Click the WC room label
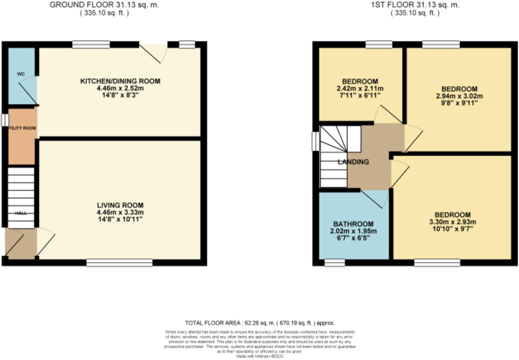[21, 74]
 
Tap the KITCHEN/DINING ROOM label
[120, 81]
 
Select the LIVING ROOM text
[120, 205]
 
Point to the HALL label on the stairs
[21, 213]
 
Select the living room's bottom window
[119, 263]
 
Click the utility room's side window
[4, 120]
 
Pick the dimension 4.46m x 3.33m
[120, 212]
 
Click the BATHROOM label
[353, 224]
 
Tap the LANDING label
[353, 162]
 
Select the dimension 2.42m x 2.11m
[360, 89]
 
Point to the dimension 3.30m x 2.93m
[453, 222]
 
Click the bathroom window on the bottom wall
[335, 263]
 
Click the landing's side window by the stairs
[315, 141]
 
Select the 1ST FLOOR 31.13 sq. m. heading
[415, 5]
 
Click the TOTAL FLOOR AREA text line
[259, 323]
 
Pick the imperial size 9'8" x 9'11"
[459, 103]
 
